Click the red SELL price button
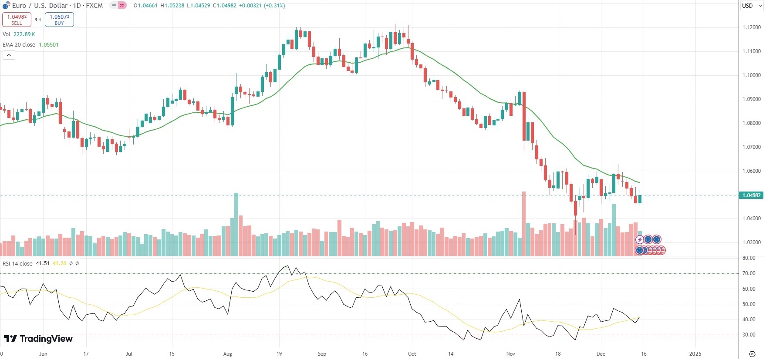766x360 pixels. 17,20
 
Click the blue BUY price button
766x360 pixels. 59,20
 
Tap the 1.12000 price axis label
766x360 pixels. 751,27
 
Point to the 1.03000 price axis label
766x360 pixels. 751,242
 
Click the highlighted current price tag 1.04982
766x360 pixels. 751,195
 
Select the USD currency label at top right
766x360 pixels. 747,6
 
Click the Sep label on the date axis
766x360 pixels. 322,354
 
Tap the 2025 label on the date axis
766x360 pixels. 695,354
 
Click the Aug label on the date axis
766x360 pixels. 227,354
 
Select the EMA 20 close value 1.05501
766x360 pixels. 49,45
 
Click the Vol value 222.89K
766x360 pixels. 24,34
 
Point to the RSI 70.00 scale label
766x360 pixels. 749,273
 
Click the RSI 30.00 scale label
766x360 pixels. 749,335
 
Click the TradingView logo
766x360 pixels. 38,339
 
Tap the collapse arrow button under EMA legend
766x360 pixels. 9,55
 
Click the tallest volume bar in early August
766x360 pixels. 236,224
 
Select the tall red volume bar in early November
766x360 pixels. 524,224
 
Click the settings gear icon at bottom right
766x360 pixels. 752,354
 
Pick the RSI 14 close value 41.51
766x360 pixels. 43,264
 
